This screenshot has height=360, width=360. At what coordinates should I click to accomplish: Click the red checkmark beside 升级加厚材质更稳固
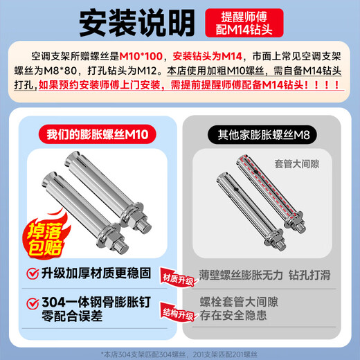32,272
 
